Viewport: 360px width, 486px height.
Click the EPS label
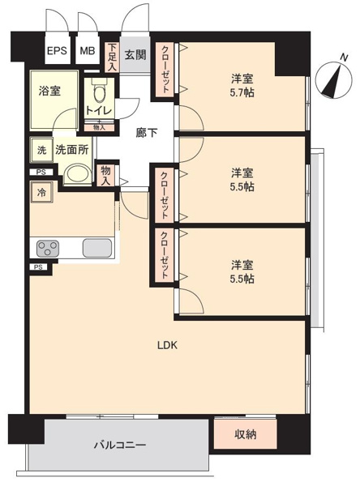(57, 50)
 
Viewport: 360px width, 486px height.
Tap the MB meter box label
(88, 50)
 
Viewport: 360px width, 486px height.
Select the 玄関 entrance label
(135, 55)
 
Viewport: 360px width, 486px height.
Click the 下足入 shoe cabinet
(112, 57)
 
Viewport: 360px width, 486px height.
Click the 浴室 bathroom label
(49, 91)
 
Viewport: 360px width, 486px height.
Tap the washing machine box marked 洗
(41, 150)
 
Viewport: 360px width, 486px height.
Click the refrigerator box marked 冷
(41, 193)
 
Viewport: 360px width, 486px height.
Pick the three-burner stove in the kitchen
(48, 249)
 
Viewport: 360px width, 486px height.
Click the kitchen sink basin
(97, 248)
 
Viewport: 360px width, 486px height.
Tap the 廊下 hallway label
(147, 133)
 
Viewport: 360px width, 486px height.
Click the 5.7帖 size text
(242, 92)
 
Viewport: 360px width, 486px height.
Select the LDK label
(167, 345)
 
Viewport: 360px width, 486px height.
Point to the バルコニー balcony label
(120, 446)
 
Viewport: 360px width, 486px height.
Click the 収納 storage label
(245, 434)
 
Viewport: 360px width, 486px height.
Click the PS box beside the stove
(38, 266)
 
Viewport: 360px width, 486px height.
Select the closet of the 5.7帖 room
(165, 69)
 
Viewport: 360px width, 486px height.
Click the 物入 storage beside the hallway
(105, 175)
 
